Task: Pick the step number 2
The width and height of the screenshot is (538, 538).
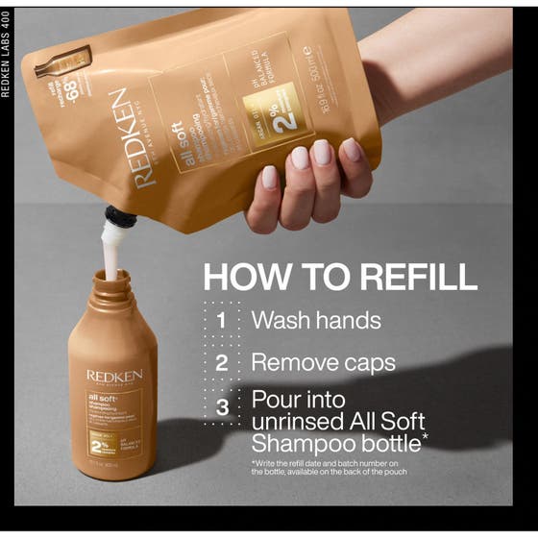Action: tap(222, 363)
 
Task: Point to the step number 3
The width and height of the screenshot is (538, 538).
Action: tap(222, 407)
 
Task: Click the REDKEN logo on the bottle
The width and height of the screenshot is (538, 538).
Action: tap(114, 375)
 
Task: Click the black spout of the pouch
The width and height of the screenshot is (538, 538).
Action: tap(121, 218)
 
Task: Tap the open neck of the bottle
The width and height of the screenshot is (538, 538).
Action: tap(111, 279)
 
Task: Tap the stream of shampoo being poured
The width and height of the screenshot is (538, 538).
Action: tap(112, 255)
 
